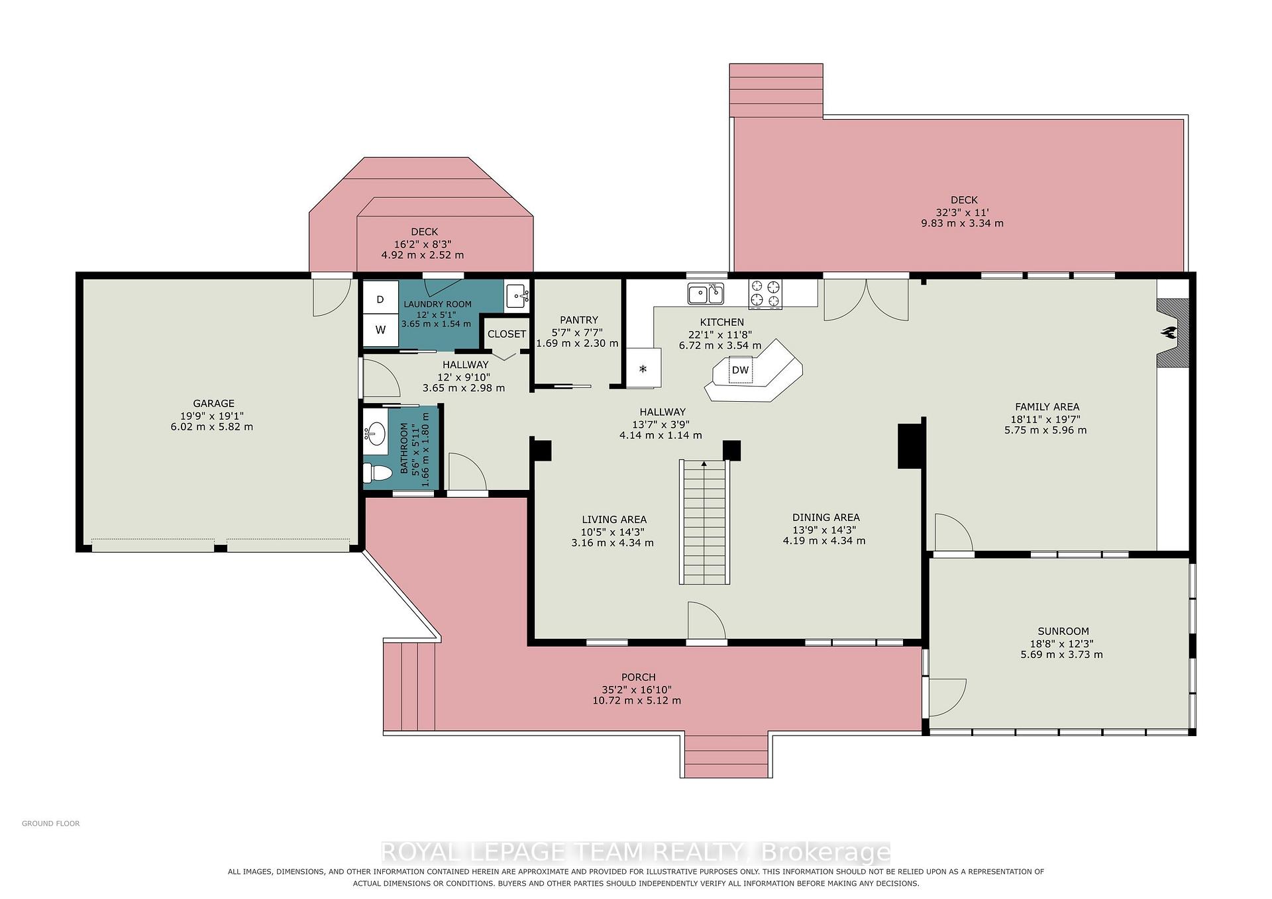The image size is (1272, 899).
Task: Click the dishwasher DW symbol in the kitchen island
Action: pos(740,370)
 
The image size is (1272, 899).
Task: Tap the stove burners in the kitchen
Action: pos(765,294)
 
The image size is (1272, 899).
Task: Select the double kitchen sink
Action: pos(706,293)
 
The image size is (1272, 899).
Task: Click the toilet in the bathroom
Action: pos(378,473)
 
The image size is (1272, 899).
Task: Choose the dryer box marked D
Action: pos(380,299)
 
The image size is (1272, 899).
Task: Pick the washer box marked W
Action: pos(380,330)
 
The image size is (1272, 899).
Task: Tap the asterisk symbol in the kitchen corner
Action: pos(643,369)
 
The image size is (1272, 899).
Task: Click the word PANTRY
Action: pos(578,320)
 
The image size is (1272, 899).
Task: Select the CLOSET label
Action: pos(507,334)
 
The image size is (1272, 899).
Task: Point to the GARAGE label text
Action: pos(213,403)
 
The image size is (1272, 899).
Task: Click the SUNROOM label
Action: pos(1063,632)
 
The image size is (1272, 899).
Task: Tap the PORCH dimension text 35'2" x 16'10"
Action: pos(638,689)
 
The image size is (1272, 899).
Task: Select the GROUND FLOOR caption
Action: pos(51,824)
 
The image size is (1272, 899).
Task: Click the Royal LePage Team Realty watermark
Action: pos(636,852)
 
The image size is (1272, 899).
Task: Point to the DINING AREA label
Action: pos(826,518)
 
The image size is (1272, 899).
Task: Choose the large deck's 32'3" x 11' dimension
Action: pos(963,213)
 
